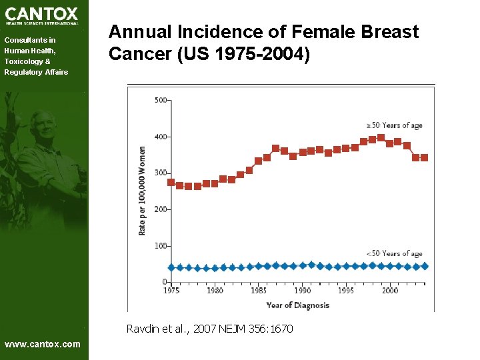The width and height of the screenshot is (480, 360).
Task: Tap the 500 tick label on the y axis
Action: click(x=160, y=101)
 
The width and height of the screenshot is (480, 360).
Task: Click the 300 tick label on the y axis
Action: click(x=160, y=173)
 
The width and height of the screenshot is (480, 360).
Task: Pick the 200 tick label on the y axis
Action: click(x=160, y=209)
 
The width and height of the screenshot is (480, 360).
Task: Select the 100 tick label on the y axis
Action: click(x=160, y=246)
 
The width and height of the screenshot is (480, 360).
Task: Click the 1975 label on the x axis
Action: click(x=171, y=291)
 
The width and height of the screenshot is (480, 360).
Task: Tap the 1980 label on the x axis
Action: click(x=215, y=291)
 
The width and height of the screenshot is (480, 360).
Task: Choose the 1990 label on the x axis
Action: click(x=303, y=291)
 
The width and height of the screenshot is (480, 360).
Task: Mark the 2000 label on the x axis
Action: click(x=390, y=291)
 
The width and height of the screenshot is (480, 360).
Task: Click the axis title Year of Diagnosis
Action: click(x=297, y=305)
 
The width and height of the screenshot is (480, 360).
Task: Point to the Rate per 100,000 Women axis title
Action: click(x=142, y=190)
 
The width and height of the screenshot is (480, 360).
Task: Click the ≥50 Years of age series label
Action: click(x=394, y=125)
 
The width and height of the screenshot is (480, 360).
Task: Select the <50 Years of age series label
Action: click(x=394, y=253)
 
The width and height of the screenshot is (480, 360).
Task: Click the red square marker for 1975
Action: click(x=171, y=182)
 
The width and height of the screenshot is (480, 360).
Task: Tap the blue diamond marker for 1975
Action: click(x=171, y=267)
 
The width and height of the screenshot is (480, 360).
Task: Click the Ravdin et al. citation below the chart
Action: click(x=209, y=329)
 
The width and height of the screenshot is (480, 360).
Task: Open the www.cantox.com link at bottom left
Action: click(x=42, y=344)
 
